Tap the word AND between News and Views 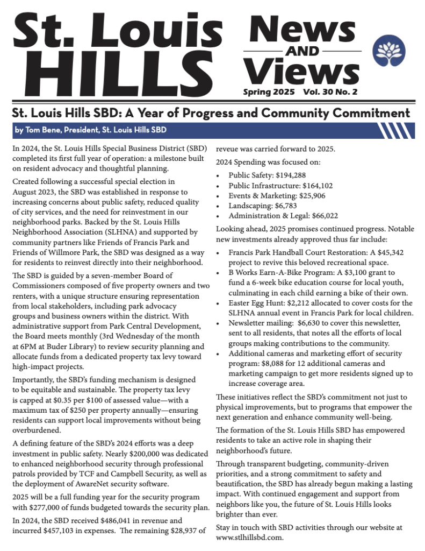pyautogui.click(x=303, y=52)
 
